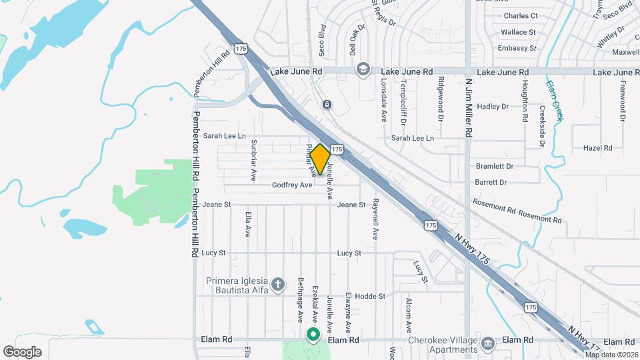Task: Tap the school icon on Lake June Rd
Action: (363, 69)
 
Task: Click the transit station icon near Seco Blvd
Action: (327, 105)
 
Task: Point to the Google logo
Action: (22, 352)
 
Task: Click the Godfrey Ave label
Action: (292, 185)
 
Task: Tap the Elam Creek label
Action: (554, 101)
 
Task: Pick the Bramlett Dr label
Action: (495, 166)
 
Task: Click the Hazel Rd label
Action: (597, 148)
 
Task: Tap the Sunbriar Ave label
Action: (253, 161)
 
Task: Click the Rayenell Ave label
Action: (375, 219)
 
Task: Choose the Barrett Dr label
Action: (491, 182)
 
